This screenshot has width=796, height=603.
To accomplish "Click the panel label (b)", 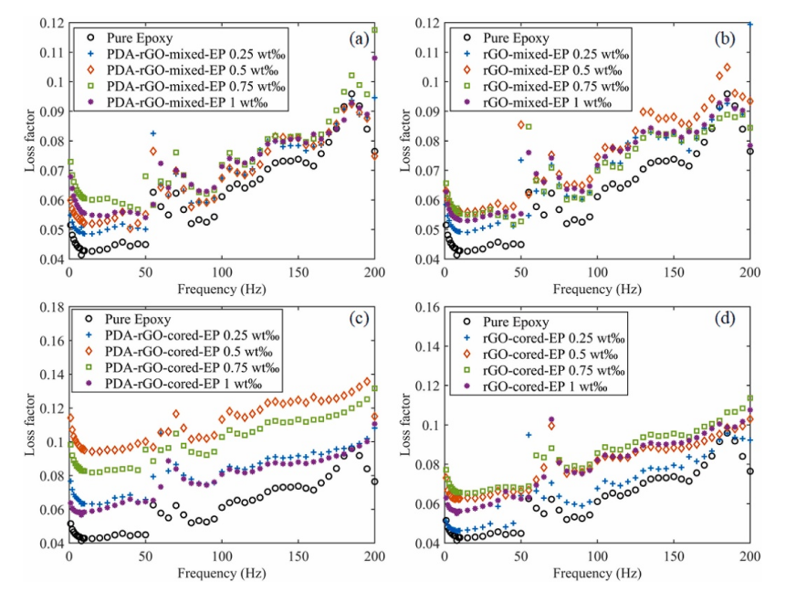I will tap(728, 39).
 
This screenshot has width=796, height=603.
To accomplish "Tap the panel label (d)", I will tap(728, 322).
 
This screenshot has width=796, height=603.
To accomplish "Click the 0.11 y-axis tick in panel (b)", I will tap(425, 52).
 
